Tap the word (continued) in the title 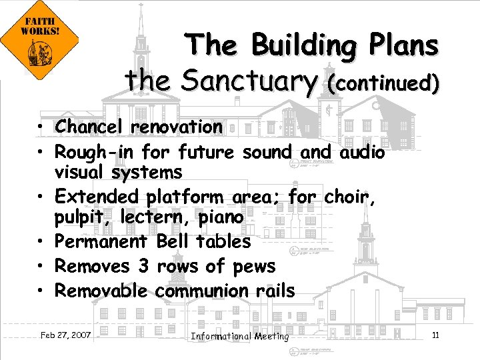[x=383, y=83]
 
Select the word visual [x=81, y=173]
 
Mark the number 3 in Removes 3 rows [x=143, y=266]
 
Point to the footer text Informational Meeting [x=240, y=336]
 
